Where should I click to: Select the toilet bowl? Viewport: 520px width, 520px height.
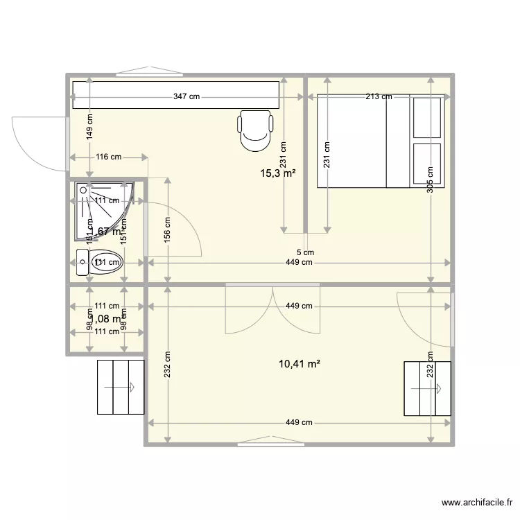pos(107,261)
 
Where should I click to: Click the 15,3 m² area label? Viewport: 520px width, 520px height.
pos(278,173)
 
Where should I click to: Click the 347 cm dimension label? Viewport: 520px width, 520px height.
pos(187,97)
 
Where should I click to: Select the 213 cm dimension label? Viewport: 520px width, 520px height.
pos(379,97)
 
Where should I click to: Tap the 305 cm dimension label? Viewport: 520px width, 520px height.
pos(431,180)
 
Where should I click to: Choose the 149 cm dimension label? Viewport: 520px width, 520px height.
pos(89,128)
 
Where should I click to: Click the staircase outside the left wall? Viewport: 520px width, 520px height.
pos(120,387)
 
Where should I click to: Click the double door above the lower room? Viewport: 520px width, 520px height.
pos(275,309)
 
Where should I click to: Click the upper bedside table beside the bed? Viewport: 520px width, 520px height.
pos(427,117)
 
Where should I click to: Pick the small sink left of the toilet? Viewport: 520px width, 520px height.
pos(83,262)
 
